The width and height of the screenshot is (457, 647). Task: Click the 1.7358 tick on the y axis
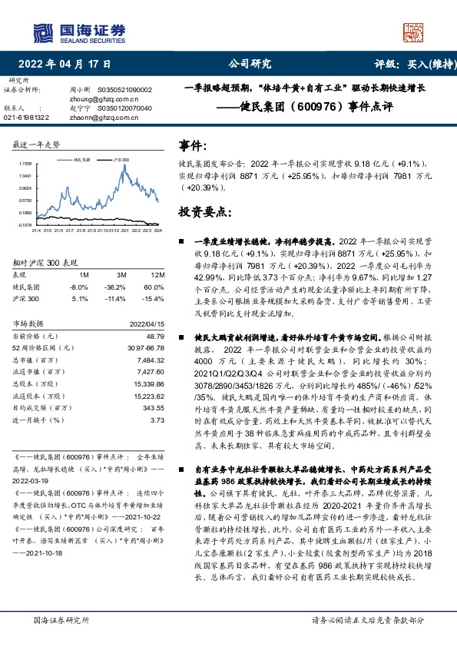tap(24, 164)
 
